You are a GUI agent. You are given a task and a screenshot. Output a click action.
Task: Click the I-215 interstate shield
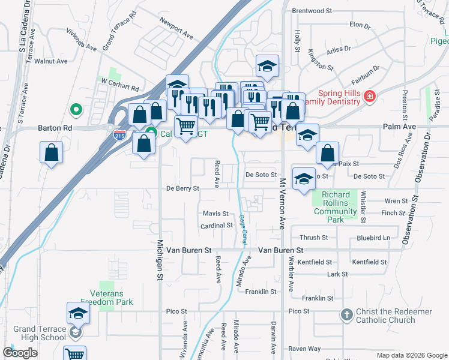pyautogui.click(x=120, y=135)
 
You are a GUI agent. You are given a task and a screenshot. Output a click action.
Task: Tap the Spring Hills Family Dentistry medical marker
pyautogui.click(x=370, y=96)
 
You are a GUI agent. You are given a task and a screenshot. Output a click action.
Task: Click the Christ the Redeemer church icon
pyautogui.click(x=346, y=314)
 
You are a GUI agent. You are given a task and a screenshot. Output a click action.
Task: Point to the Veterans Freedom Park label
pyautogui.click(x=107, y=298)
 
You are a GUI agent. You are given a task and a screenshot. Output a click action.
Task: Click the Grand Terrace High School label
pyautogui.click(x=40, y=333)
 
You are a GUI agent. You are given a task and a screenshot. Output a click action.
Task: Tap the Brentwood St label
pyautogui.click(x=312, y=11)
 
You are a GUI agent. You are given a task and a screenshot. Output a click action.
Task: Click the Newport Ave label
pyautogui.click(x=176, y=28)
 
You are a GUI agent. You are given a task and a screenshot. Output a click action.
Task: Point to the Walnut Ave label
pyautogui.click(x=51, y=61)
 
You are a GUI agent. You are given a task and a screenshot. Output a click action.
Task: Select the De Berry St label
pyautogui.click(x=182, y=188)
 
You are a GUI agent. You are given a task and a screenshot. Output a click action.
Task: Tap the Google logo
pyautogui.click(x=20, y=353)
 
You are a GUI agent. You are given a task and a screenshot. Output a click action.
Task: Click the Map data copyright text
pyautogui.click(x=412, y=355)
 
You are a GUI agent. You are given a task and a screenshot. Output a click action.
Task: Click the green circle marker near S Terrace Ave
pyautogui.click(x=76, y=110)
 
